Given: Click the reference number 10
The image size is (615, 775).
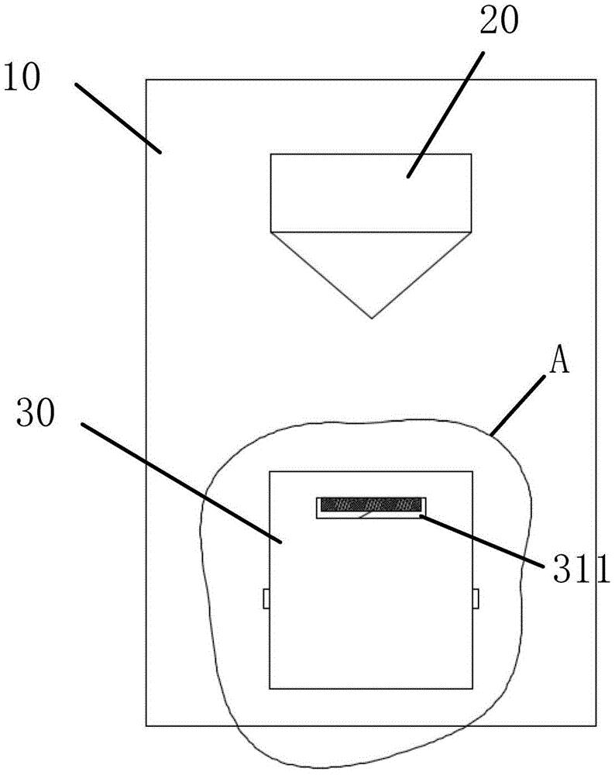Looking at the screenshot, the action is (21, 78).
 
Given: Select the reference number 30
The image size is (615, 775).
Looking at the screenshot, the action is (36, 413).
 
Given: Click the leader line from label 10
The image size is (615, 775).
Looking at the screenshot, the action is (119, 119).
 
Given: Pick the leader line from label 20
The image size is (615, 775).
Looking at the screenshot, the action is (445, 114).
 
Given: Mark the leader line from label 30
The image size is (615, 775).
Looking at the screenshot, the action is (181, 483).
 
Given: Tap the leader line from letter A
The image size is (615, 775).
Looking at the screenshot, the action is (517, 405).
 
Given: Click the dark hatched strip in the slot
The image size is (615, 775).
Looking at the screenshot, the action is (371, 505).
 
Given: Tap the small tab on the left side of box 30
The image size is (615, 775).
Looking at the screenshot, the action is (266, 598).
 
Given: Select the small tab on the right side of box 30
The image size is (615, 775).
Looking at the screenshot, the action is (476, 598).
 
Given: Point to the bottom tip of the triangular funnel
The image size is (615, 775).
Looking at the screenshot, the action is (372, 319).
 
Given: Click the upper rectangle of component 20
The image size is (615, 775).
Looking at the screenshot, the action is (371, 193).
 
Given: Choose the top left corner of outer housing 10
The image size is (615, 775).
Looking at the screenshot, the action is (146, 80).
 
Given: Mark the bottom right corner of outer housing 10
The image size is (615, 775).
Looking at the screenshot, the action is (596, 725).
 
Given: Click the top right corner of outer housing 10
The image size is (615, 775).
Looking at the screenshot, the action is (596, 80).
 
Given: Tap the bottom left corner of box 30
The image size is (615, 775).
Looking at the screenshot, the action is (270, 688).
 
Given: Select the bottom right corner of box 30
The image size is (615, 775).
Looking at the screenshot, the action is (472, 688).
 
